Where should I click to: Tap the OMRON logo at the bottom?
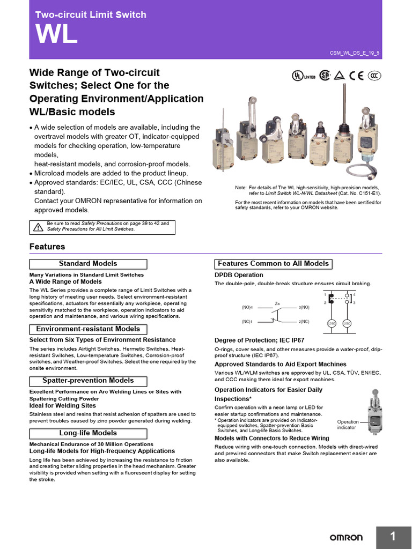(x=345, y=537)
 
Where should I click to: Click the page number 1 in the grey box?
(x=393, y=537)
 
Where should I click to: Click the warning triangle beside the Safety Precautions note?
(x=38, y=227)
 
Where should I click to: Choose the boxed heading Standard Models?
(x=87, y=264)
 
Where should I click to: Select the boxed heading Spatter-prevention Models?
(x=87, y=381)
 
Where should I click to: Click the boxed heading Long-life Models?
(x=87, y=433)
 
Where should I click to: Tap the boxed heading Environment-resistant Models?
(x=87, y=329)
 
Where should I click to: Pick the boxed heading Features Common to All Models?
(x=273, y=264)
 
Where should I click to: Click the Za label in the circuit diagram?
(x=277, y=303)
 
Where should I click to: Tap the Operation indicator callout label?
(x=347, y=425)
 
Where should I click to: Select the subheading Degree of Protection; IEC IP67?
(x=260, y=340)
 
